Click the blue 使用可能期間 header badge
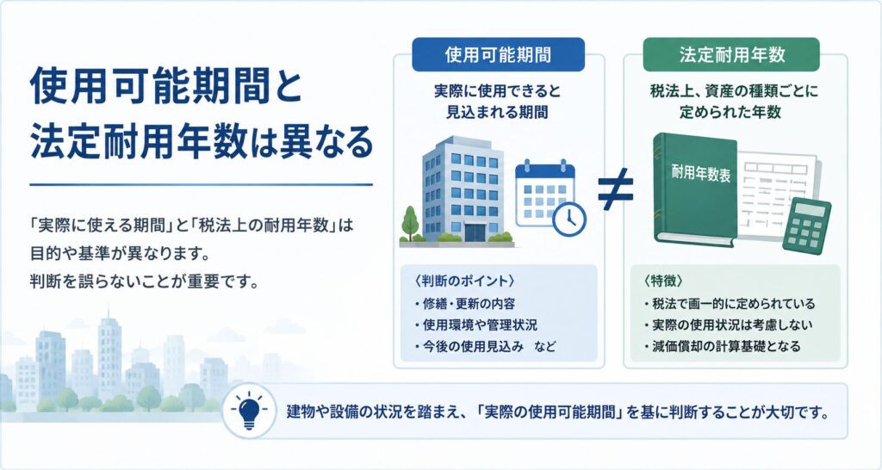(x=498, y=54)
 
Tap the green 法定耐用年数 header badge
(x=731, y=54)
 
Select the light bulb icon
(x=249, y=412)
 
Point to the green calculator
(x=806, y=224)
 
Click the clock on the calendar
(x=569, y=219)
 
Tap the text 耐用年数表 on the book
(x=701, y=173)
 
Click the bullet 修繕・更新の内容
(x=464, y=304)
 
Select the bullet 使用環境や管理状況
(x=475, y=325)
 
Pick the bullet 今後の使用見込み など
(x=484, y=346)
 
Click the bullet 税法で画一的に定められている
(x=730, y=304)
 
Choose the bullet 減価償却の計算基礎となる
(x=722, y=346)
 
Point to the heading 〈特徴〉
(x=664, y=281)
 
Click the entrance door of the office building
(x=474, y=232)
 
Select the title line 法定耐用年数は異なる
(x=202, y=142)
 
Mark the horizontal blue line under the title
(x=202, y=184)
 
